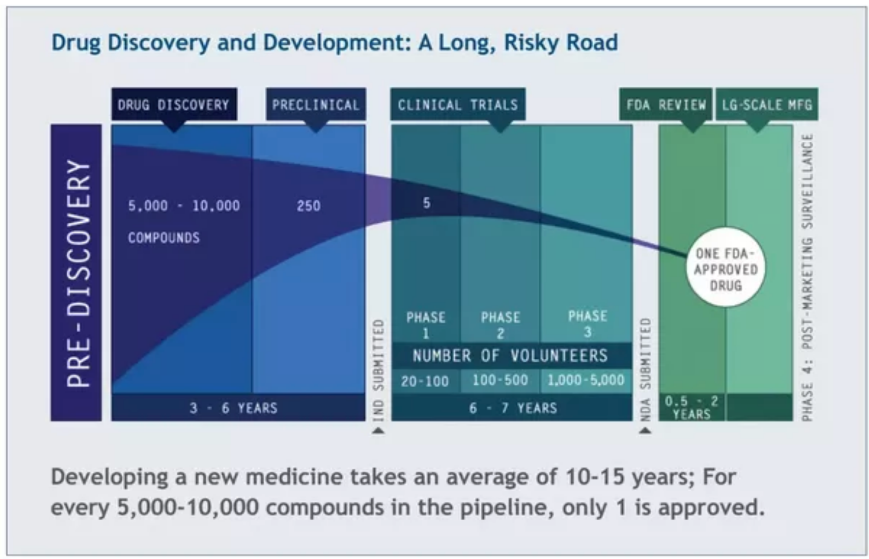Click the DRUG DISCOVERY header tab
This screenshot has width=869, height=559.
point(174,105)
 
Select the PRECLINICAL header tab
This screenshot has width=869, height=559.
point(316,105)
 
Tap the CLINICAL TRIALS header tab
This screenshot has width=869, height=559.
point(458,105)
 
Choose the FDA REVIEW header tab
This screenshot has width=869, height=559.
point(666,105)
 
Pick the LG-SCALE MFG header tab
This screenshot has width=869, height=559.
point(767,105)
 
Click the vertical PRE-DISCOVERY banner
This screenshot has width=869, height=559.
point(76,273)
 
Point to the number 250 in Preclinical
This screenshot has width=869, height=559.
point(308,206)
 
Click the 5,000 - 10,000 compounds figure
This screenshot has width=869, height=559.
point(184,206)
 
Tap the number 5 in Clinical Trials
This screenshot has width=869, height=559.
point(426,203)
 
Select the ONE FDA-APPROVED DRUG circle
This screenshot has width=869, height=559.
point(725,270)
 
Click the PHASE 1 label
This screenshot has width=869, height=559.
point(426,325)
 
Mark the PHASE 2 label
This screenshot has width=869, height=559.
point(501,325)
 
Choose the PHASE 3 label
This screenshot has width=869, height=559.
point(587,324)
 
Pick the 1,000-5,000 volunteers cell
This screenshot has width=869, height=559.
point(586,380)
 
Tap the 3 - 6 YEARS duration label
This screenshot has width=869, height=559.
point(233,408)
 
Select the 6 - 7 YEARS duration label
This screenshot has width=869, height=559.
point(513,408)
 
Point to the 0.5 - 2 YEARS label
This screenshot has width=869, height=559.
point(691,407)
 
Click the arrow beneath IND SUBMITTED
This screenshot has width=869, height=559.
point(378,431)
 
